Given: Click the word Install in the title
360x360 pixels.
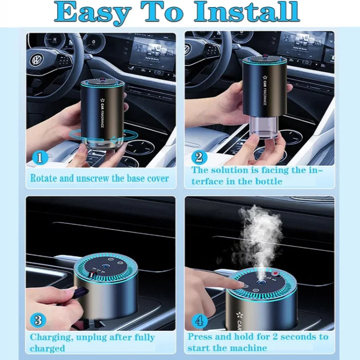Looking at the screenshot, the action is coord(247,12).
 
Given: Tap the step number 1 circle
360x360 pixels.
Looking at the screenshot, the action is coord(40,158).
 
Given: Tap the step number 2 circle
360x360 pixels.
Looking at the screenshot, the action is coord(199,157).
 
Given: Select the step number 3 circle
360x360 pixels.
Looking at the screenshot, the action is coord(38,320).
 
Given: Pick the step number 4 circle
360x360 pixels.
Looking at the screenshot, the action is coord(199,321).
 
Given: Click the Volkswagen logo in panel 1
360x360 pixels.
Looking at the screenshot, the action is coord(37,60).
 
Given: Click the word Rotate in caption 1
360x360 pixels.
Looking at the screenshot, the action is coord(44,179).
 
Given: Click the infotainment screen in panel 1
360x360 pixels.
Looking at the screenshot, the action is coord(154,54).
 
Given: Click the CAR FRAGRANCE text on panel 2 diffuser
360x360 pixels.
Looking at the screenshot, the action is coord(264,90).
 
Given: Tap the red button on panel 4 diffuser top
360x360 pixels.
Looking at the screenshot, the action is coord(276,274).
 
